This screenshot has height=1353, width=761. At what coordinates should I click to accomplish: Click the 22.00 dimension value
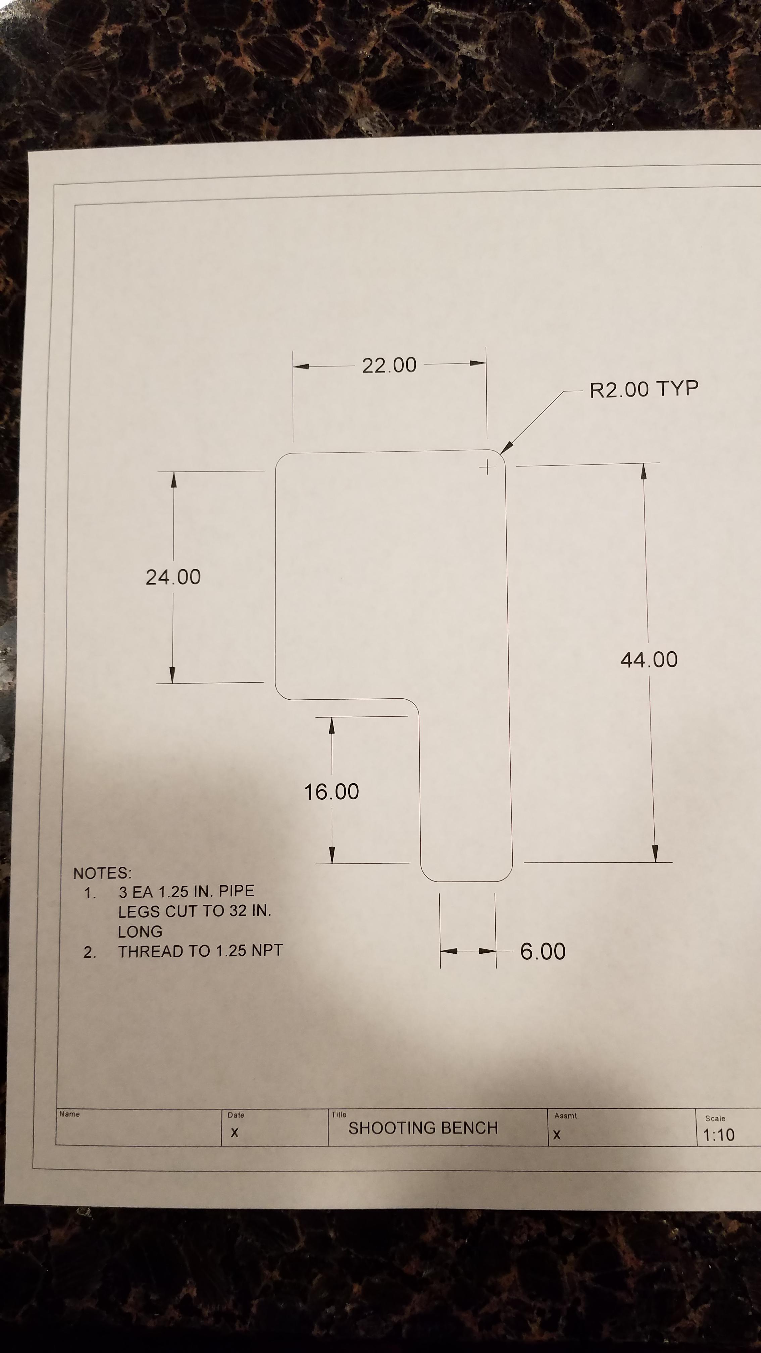click(389, 365)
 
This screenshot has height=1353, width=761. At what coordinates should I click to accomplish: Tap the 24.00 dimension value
click(173, 577)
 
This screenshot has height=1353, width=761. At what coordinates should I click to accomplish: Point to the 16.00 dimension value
click(332, 792)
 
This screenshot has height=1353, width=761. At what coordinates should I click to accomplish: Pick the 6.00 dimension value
click(543, 952)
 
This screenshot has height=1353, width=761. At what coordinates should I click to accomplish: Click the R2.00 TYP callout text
click(644, 389)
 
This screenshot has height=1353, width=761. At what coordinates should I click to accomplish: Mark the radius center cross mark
click(488, 467)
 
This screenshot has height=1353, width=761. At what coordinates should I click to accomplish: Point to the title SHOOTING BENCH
click(423, 1128)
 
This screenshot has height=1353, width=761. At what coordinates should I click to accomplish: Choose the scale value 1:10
click(718, 1135)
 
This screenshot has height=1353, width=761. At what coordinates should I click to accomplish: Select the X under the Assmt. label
click(557, 1135)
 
